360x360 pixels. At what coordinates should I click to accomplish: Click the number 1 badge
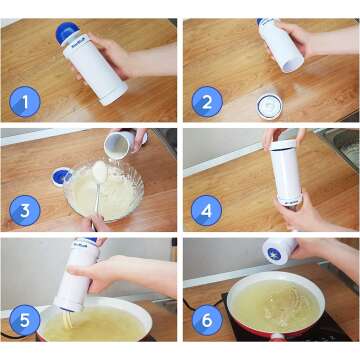click(x=25, y=100)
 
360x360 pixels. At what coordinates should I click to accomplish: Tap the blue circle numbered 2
click(x=207, y=100)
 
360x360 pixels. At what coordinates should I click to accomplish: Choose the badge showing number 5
click(x=25, y=322)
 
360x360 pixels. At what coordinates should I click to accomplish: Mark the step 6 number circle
click(x=207, y=322)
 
